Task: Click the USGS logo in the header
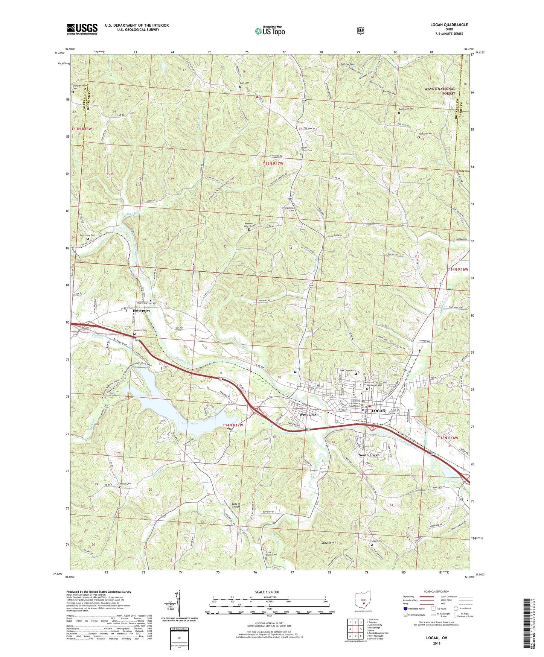tap(82, 29)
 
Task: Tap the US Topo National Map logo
tap(270, 31)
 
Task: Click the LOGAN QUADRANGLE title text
tap(449, 25)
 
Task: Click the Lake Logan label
tap(190, 423)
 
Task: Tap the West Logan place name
tap(309, 414)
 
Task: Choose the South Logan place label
tap(369, 455)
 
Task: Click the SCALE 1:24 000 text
tap(267, 592)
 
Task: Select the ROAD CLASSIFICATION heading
tap(436, 592)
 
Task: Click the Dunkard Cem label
tap(425, 134)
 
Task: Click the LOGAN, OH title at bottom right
tap(436, 638)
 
